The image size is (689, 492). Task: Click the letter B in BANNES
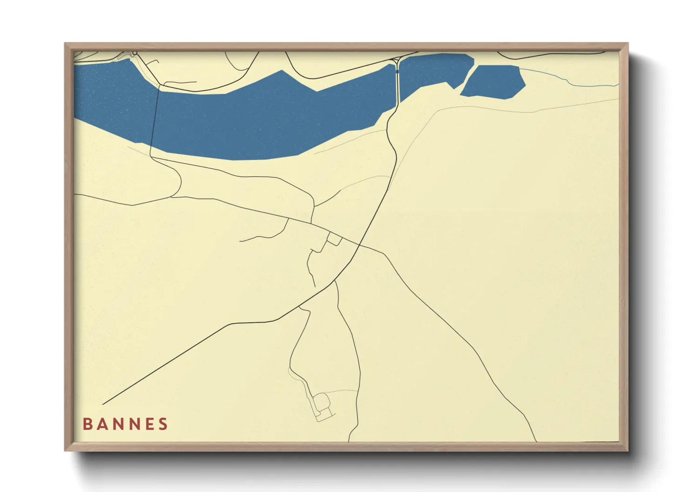87,424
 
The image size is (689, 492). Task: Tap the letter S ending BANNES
163,424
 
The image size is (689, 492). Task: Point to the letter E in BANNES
148,424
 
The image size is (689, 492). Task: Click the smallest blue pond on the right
493,82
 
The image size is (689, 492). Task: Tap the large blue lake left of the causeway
261,121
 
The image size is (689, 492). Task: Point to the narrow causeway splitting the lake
397,84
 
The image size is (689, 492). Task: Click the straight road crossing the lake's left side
155,121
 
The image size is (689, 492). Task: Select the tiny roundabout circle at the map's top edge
134,54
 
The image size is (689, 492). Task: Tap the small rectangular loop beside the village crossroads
335,240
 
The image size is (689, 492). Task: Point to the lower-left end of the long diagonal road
103,404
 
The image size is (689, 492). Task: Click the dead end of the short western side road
240,241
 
